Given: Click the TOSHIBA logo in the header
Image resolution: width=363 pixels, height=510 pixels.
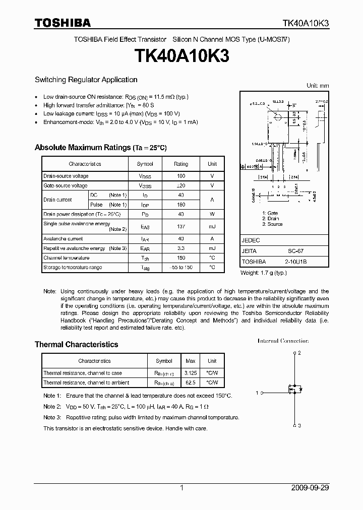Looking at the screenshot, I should click(63, 23).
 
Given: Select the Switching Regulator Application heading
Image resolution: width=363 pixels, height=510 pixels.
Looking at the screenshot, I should click(86, 80).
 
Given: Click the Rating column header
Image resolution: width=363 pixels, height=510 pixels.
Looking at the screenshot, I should click(181, 164).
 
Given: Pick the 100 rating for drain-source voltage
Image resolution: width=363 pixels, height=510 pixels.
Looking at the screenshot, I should click(181, 176).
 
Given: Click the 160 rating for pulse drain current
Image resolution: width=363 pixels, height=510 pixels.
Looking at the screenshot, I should click(181, 205).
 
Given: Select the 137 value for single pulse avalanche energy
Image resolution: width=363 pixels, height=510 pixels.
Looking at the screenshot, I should click(181, 226).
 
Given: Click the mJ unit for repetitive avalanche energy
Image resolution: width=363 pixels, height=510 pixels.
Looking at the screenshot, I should click(212, 248).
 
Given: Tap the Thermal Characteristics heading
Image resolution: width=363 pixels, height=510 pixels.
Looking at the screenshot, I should click(76, 345).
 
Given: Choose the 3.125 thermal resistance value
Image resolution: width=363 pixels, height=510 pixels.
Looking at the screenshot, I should click(191, 373).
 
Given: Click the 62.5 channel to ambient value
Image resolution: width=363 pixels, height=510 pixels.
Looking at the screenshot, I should click(191, 383).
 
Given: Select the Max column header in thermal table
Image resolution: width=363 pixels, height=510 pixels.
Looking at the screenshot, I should click(191, 361).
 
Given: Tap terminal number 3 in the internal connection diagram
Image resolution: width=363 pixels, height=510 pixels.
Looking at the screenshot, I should click(299, 425).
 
